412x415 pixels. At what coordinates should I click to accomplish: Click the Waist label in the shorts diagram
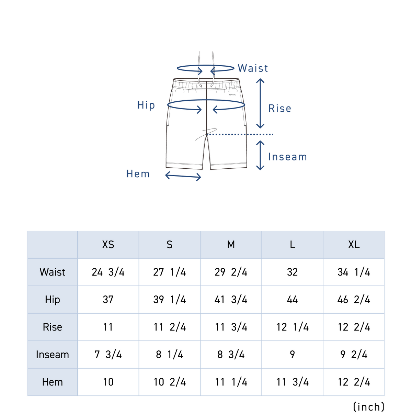[x=253, y=68]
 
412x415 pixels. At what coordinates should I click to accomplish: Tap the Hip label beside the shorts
[x=146, y=105]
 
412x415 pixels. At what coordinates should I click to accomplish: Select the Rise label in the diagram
[x=279, y=108]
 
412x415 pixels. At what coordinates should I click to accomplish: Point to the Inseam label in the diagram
[x=287, y=157]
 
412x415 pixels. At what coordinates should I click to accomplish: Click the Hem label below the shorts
[x=138, y=173]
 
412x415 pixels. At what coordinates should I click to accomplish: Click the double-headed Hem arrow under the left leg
[x=183, y=176]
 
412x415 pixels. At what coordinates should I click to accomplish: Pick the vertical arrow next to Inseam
[x=260, y=155]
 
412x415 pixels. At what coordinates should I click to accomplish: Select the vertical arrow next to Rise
[x=260, y=103]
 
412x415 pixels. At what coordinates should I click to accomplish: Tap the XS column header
[x=108, y=245]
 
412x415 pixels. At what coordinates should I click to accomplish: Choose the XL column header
[x=354, y=245]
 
